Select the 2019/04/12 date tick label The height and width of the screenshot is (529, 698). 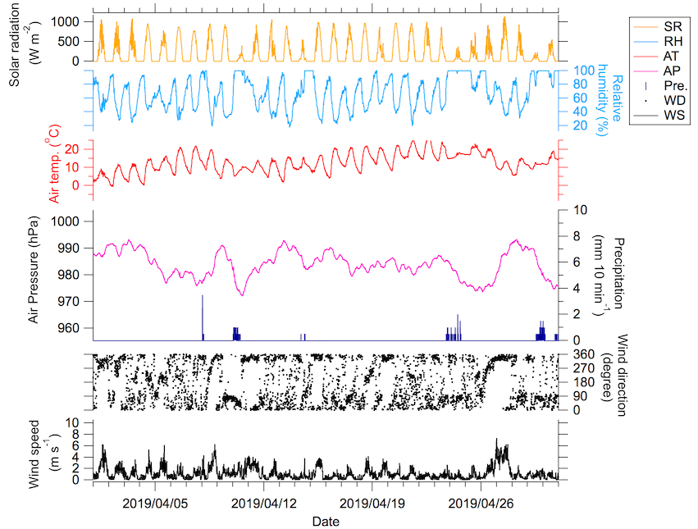[x=264, y=501]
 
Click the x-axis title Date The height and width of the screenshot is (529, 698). [x=325, y=520]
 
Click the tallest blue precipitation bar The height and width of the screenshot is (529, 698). [x=202, y=317]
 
